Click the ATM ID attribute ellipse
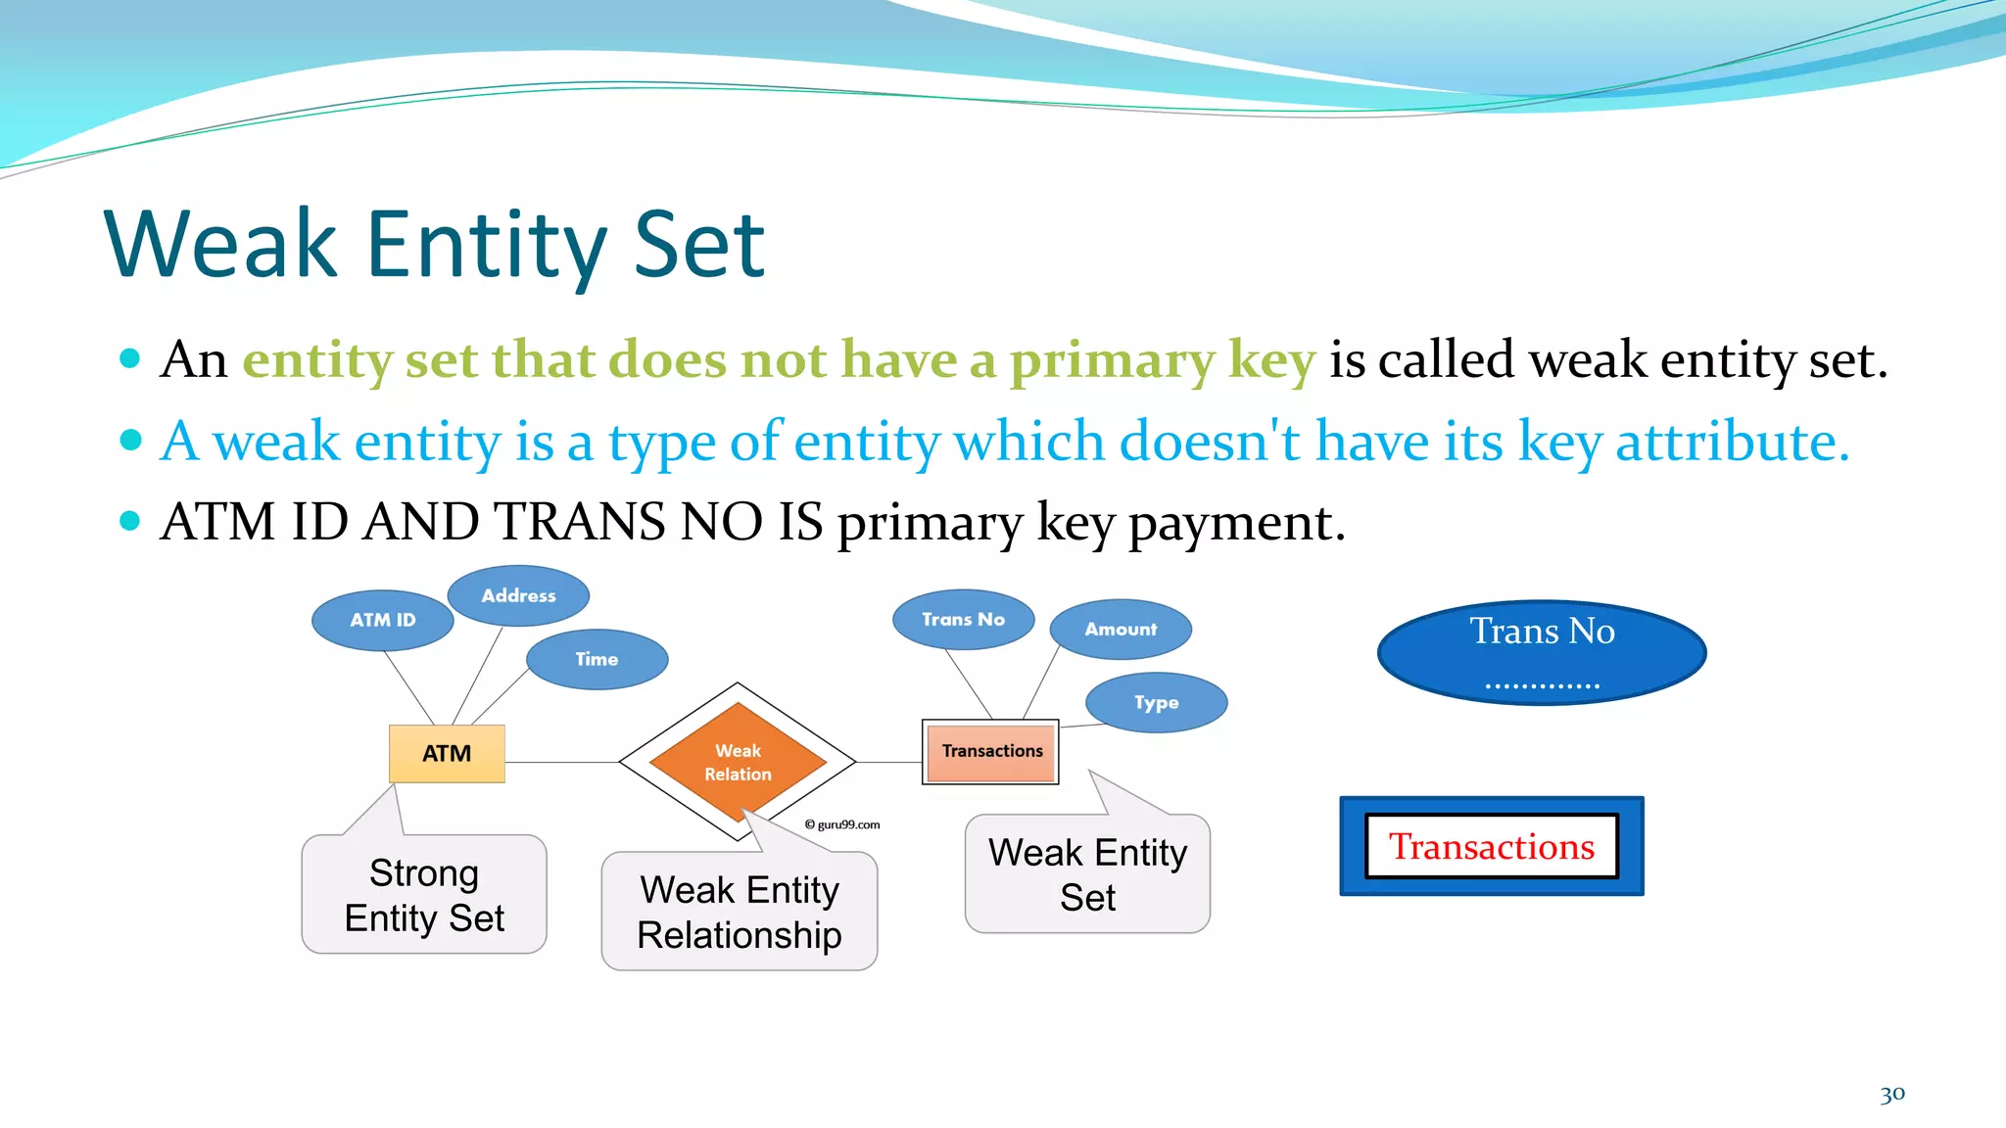pos(382,620)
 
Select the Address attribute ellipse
pos(518,595)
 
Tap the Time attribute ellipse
pos(597,659)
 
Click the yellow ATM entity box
pos(447,753)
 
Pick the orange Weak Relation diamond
pos(738,761)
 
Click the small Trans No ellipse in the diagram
pos(963,619)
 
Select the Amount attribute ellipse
pos(1121,629)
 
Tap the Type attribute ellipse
pos(1156,702)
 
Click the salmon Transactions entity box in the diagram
pos(991,751)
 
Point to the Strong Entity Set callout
pos(424,895)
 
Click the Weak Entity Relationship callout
pos(740,912)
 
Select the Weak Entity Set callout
pos(1087,874)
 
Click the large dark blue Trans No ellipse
pos(1541,652)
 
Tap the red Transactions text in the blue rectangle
pos(1491,846)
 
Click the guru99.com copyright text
pos(842,824)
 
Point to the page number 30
pos(1891,1094)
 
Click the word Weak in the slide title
pos(220,245)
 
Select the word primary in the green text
pos(1112,359)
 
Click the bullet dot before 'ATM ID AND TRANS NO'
pos(130,520)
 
